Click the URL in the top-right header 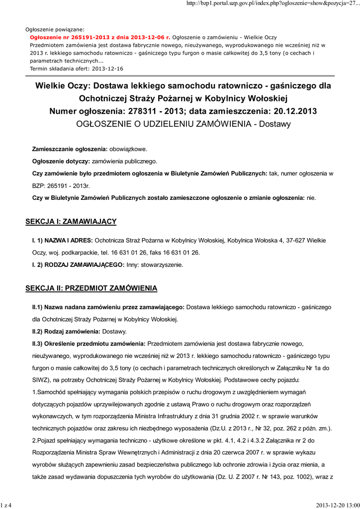(272, 4)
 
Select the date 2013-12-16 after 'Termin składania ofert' (107, 68)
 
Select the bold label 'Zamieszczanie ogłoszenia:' (70, 149)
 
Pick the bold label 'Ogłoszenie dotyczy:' (61, 162)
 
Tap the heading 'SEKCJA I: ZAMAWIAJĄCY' (71, 221)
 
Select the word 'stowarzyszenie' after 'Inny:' (162, 265)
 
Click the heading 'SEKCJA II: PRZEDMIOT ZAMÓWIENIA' (91, 288)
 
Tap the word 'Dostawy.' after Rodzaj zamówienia (114, 332)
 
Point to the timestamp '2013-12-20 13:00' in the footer (337, 506)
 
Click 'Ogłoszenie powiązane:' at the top (55, 29)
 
